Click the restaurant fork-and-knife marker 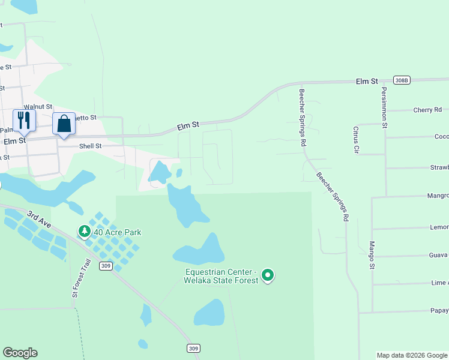[24, 120]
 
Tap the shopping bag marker [64, 124]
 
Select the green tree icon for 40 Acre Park [85, 231]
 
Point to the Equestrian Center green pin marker [268, 275]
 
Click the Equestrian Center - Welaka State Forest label [221, 276]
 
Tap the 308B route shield [402, 80]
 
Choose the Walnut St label [38, 106]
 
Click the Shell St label [90, 146]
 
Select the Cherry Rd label [427, 110]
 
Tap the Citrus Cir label [356, 139]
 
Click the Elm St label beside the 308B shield [366, 81]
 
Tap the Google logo [20, 353]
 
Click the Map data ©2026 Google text [411, 355]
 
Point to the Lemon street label [439, 227]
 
